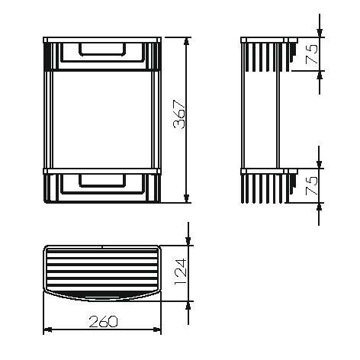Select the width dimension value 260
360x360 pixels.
(x=101, y=321)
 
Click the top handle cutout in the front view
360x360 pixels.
(x=101, y=50)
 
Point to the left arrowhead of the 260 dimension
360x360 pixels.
(x=46, y=329)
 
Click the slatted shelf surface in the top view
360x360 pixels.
(x=99, y=268)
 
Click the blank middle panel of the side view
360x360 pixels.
(x=262, y=118)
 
